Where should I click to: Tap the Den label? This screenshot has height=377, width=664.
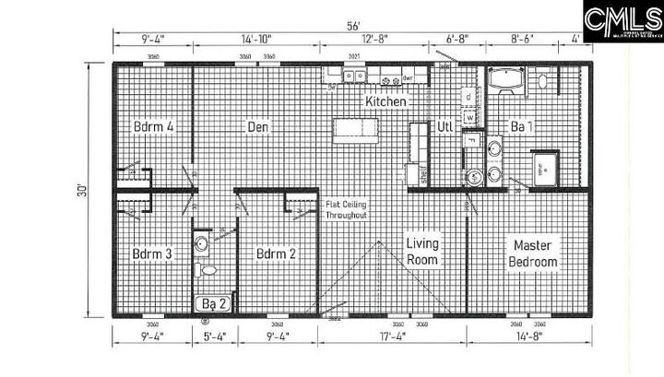pyautogui.click(x=258, y=126)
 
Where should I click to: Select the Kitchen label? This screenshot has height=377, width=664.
pyautogui.click(x=385, y=102)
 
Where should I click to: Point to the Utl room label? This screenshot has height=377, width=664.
pyautogui.click(x=445, y=126)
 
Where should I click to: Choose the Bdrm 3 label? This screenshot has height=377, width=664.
pyautogui.click(x=153, y=253)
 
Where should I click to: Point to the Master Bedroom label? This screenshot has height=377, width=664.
pyautogui.click(x=534, y=253)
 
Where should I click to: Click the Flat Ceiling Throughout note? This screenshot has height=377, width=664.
pyautogui.click(x=346, y=209)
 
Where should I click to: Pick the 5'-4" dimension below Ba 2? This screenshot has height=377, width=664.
pyautogui.click(x=214, y=338)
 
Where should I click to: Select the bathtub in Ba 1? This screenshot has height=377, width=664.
pyautogui.click(x=507, y=81)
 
